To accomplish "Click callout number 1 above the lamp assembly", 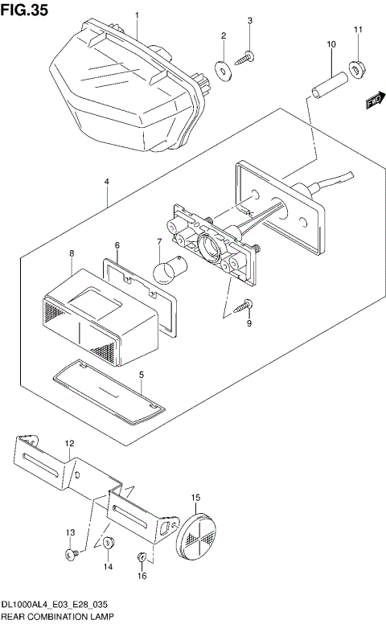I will coord(137,15).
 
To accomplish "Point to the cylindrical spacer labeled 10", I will coord(330,81).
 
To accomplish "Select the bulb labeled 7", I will coord(169,270).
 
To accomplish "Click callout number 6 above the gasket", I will coord(117,244).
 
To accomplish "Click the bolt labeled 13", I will coord(71,554).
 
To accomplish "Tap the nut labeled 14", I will coord(109,544).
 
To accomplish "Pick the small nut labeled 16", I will coord(142,556).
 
